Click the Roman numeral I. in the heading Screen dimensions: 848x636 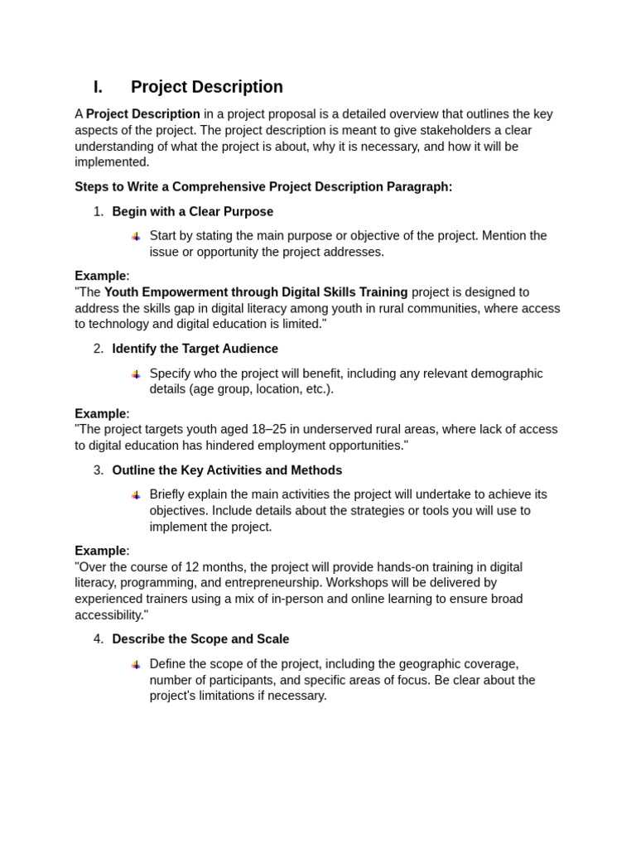click(98, 87)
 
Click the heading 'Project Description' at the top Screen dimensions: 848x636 click(206, 87)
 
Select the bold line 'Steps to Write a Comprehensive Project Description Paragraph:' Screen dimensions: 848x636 click(263, 187)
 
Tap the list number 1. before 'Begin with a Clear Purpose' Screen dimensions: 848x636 click(99, 212)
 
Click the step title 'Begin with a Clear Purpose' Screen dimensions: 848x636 click(192, 212)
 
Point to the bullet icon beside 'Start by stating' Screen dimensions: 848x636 click(136, 237)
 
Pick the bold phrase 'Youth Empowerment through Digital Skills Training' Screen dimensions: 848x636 click(256, 292)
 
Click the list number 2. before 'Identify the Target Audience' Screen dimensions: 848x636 click(99, 349)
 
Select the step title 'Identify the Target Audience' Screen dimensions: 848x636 click(195, 349)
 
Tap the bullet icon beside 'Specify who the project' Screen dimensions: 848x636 click(136, 374)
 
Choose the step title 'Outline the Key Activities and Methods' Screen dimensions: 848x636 click(227, 470)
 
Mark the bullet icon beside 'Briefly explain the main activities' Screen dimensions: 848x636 click(136, 495)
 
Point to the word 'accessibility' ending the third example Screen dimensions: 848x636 click(108, 615)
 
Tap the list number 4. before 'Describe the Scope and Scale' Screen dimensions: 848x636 click(99, 639)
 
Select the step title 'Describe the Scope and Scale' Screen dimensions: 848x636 click(200, 639)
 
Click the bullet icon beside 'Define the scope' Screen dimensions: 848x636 click(136, 664)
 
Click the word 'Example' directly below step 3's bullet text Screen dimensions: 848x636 click(100, 551)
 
